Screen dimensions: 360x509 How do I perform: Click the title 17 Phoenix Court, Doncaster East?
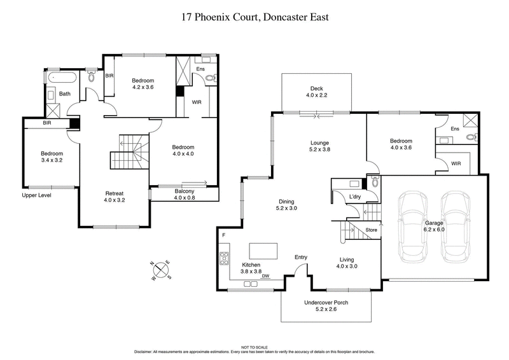254,17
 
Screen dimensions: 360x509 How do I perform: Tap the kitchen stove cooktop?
224,259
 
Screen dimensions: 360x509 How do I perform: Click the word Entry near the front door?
301,257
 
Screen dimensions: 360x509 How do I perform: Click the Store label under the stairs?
372,230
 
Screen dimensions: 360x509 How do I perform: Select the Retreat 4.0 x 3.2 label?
115,197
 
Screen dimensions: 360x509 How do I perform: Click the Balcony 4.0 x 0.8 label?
184,194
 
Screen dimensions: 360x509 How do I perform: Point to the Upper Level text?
36,195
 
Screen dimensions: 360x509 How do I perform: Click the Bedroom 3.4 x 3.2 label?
51,157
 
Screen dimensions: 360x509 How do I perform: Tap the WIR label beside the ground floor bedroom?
456,163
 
